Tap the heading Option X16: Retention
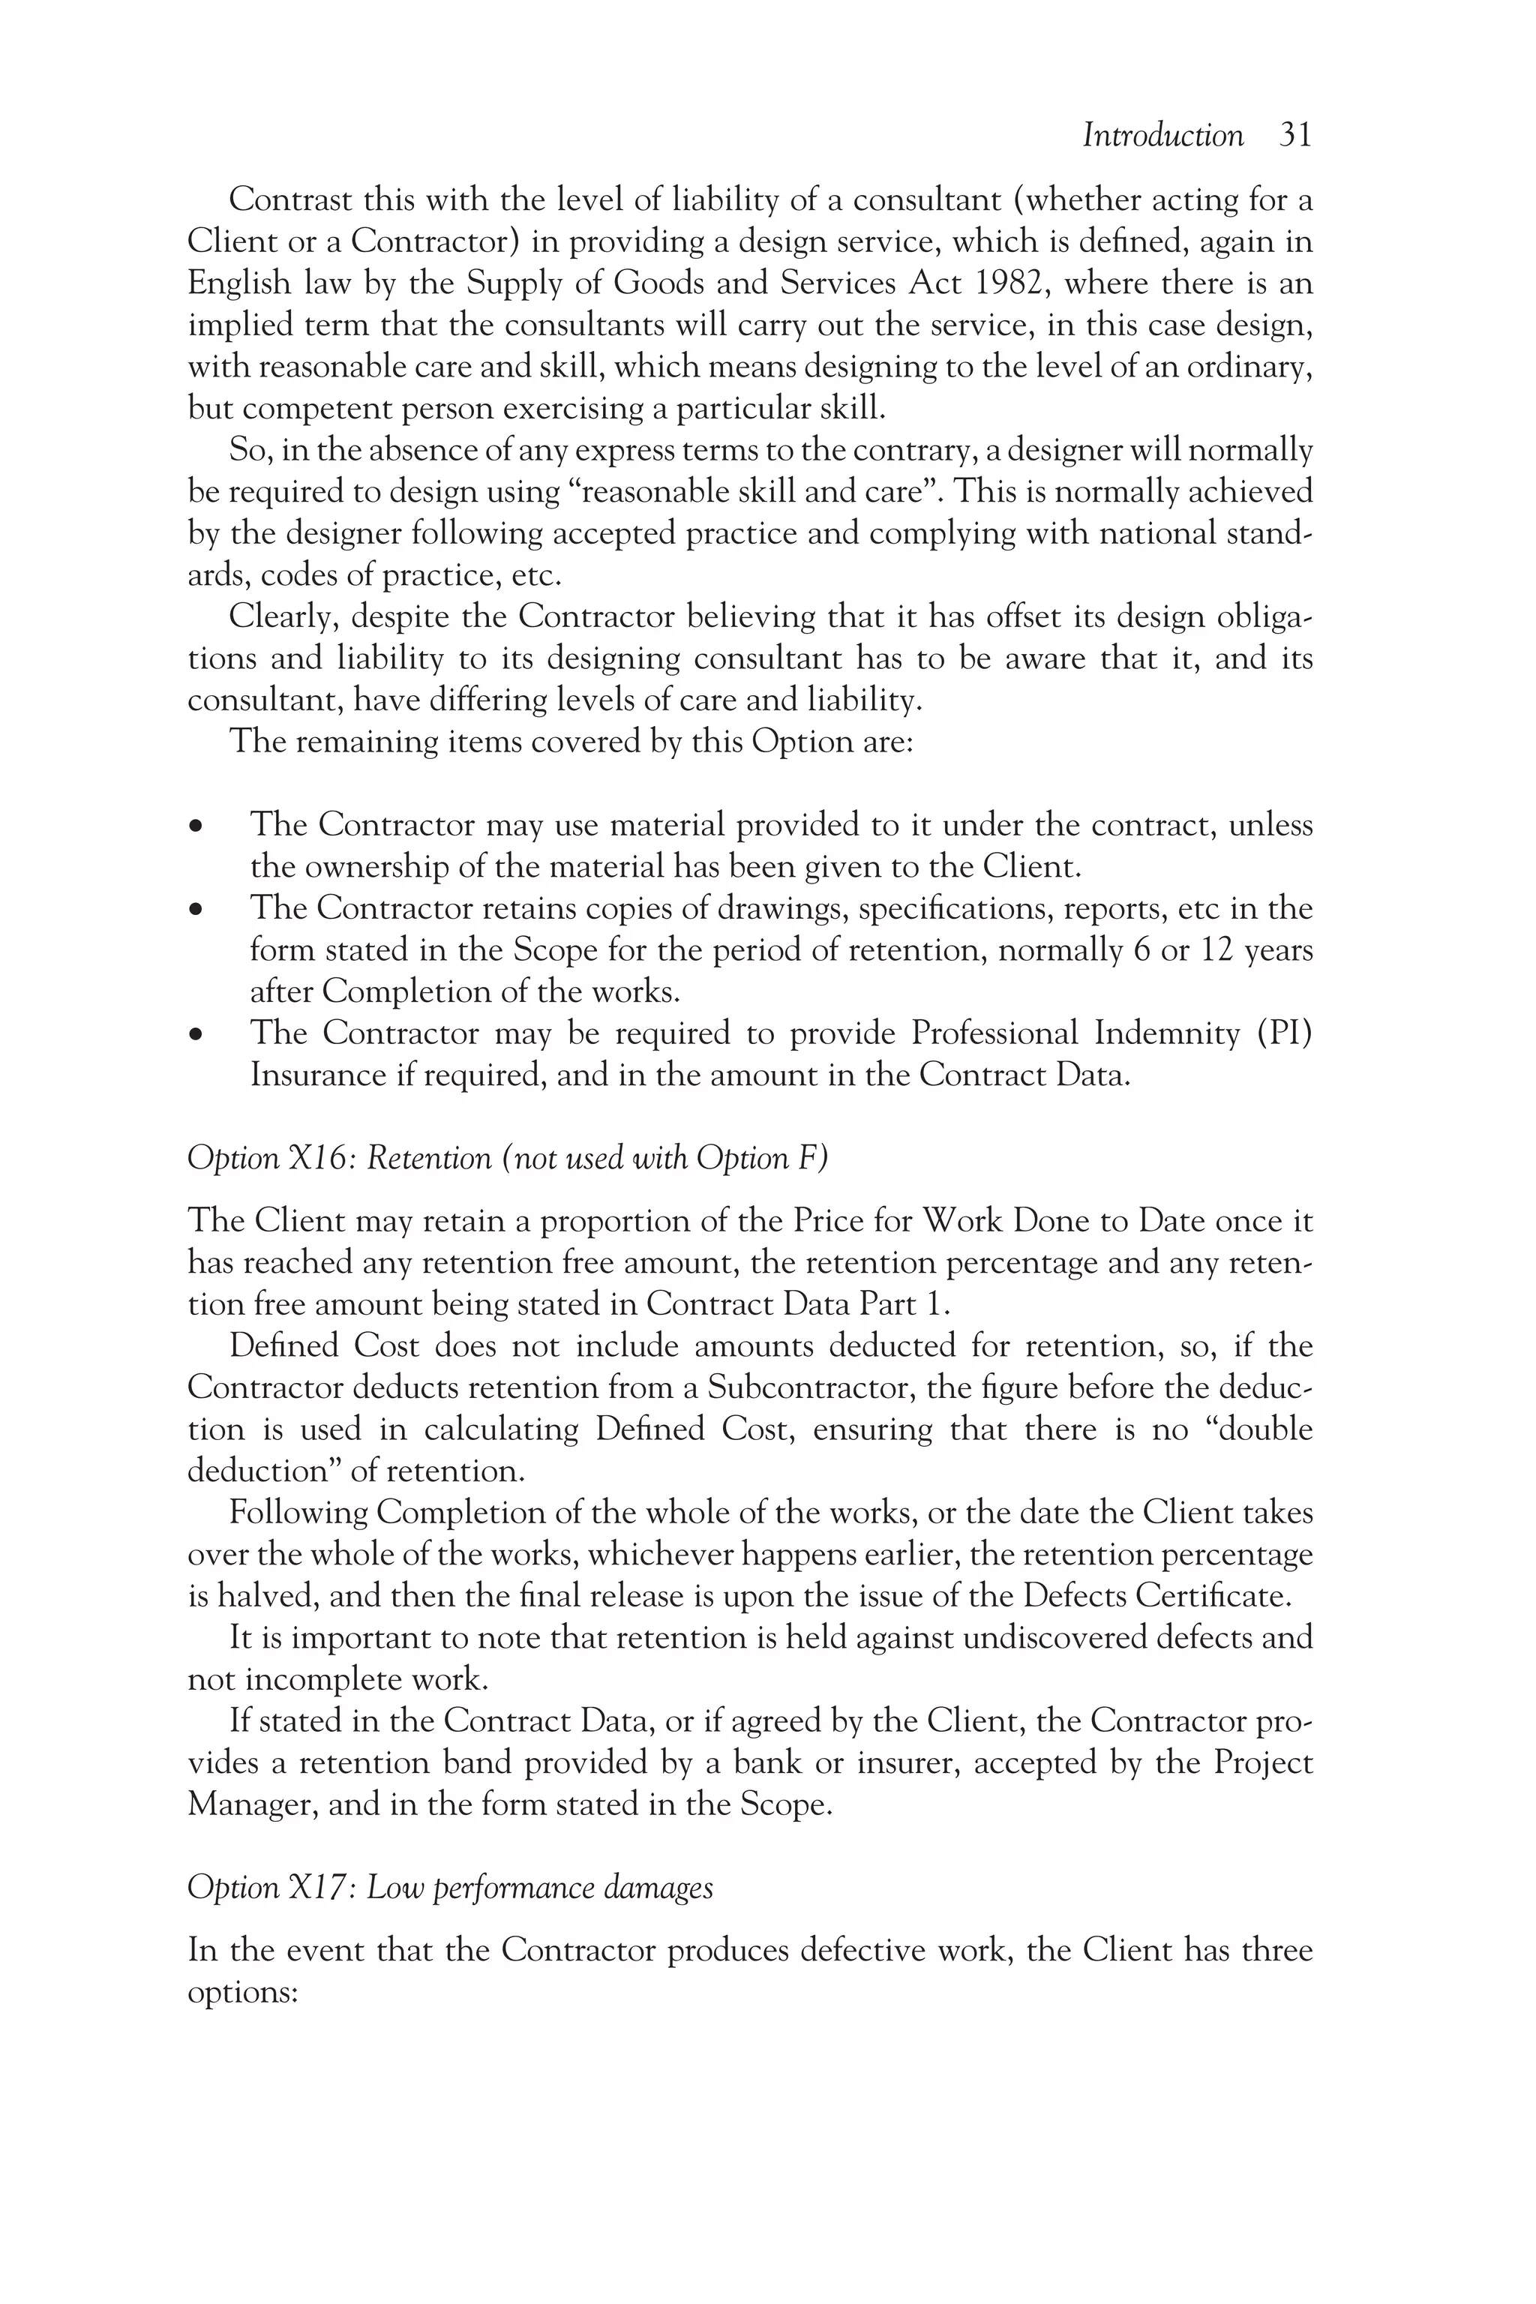click(506, 1158)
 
